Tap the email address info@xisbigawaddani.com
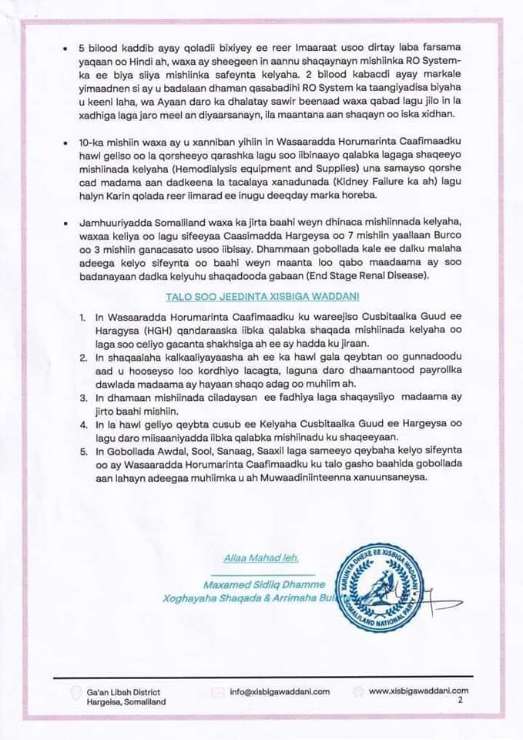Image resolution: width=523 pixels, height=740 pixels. tap(280, 691)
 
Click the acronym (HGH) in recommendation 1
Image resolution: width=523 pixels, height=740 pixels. tap(112, 328)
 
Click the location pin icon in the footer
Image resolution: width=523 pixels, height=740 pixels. tap(75, 692)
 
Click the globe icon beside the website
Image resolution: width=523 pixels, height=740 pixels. tap(358, 691)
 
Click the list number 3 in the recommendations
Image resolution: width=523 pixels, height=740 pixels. tap(82, 397)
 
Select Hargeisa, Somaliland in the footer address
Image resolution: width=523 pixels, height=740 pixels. tap(126, 702)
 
